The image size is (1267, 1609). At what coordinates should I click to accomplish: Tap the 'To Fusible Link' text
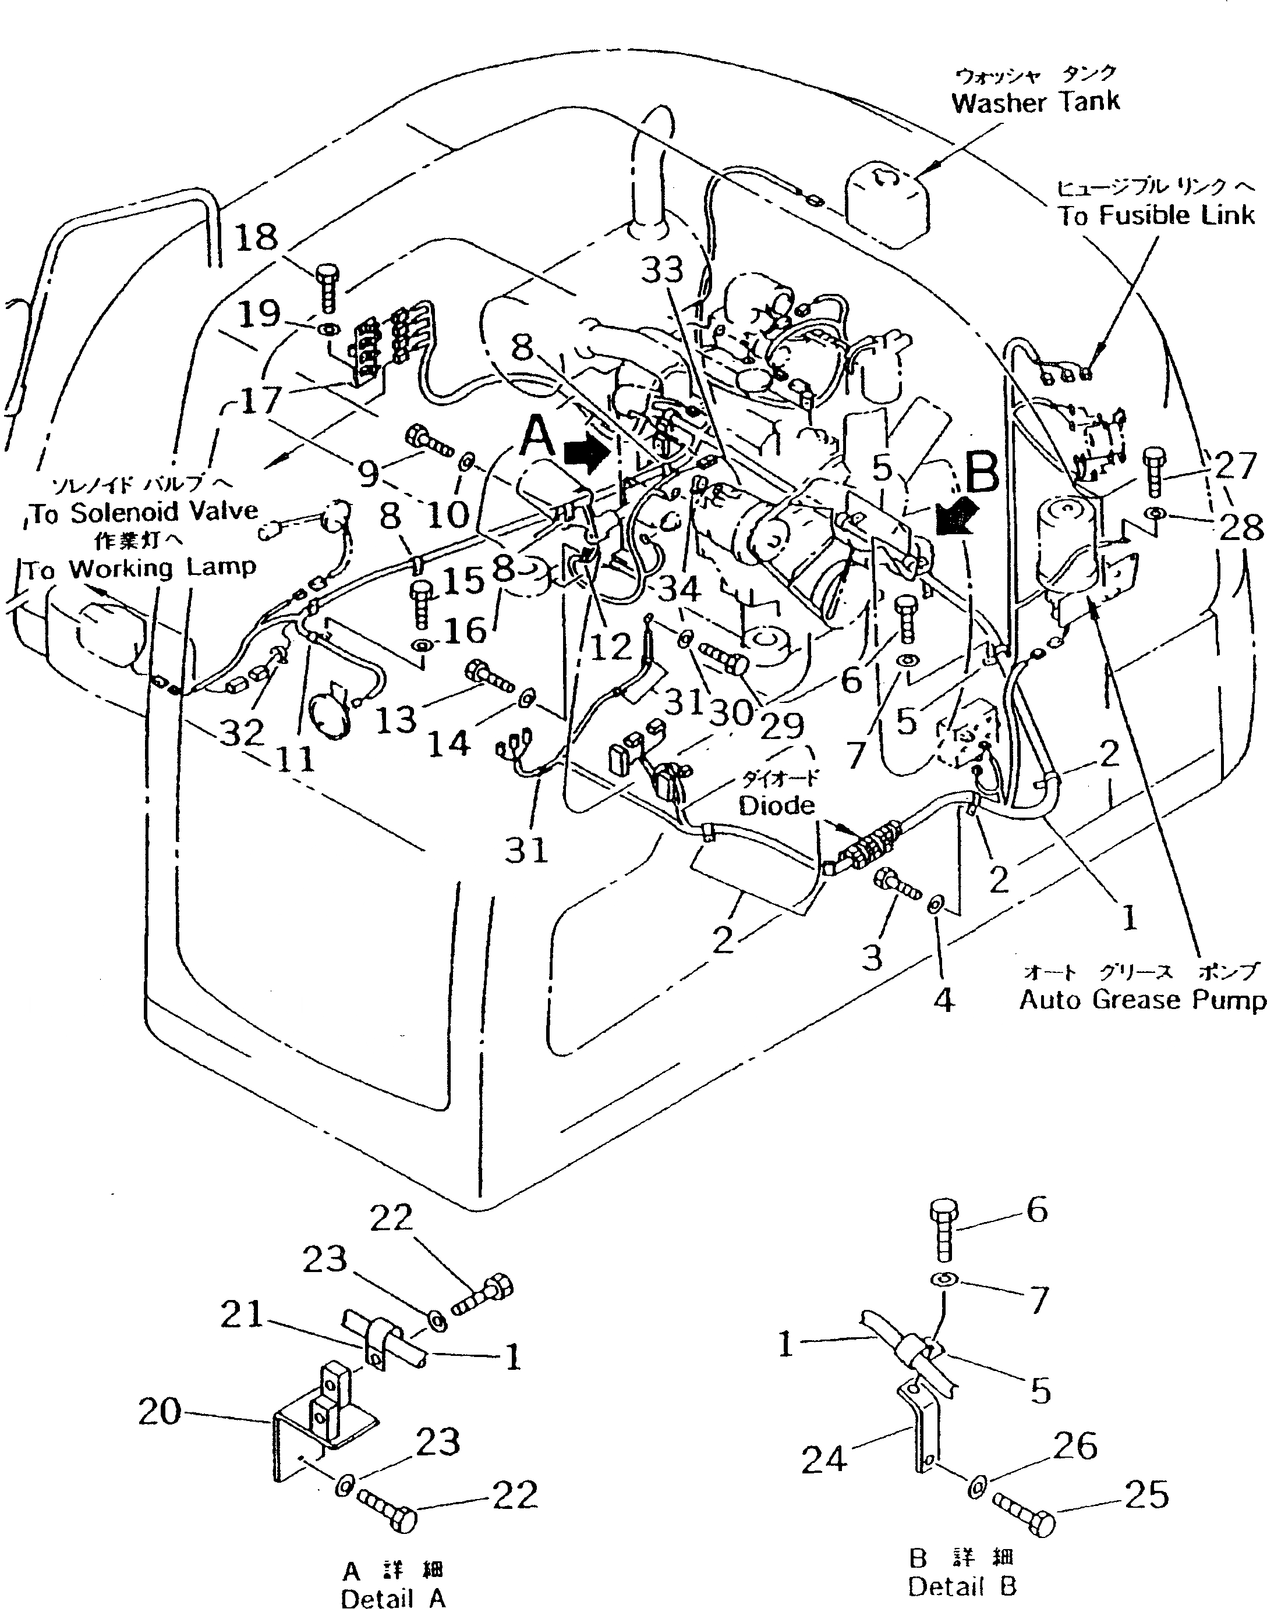point(1155,215)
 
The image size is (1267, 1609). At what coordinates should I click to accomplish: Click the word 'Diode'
point(776,805)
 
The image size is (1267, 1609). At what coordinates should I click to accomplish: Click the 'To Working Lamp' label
point(140,569)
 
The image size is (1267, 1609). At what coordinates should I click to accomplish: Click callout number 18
point(256,239)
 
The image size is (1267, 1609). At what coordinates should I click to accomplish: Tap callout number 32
point(243,733)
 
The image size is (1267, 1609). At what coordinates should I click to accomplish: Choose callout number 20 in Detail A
point(160,1412)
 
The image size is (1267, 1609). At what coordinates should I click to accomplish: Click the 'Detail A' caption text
point(393,1598)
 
